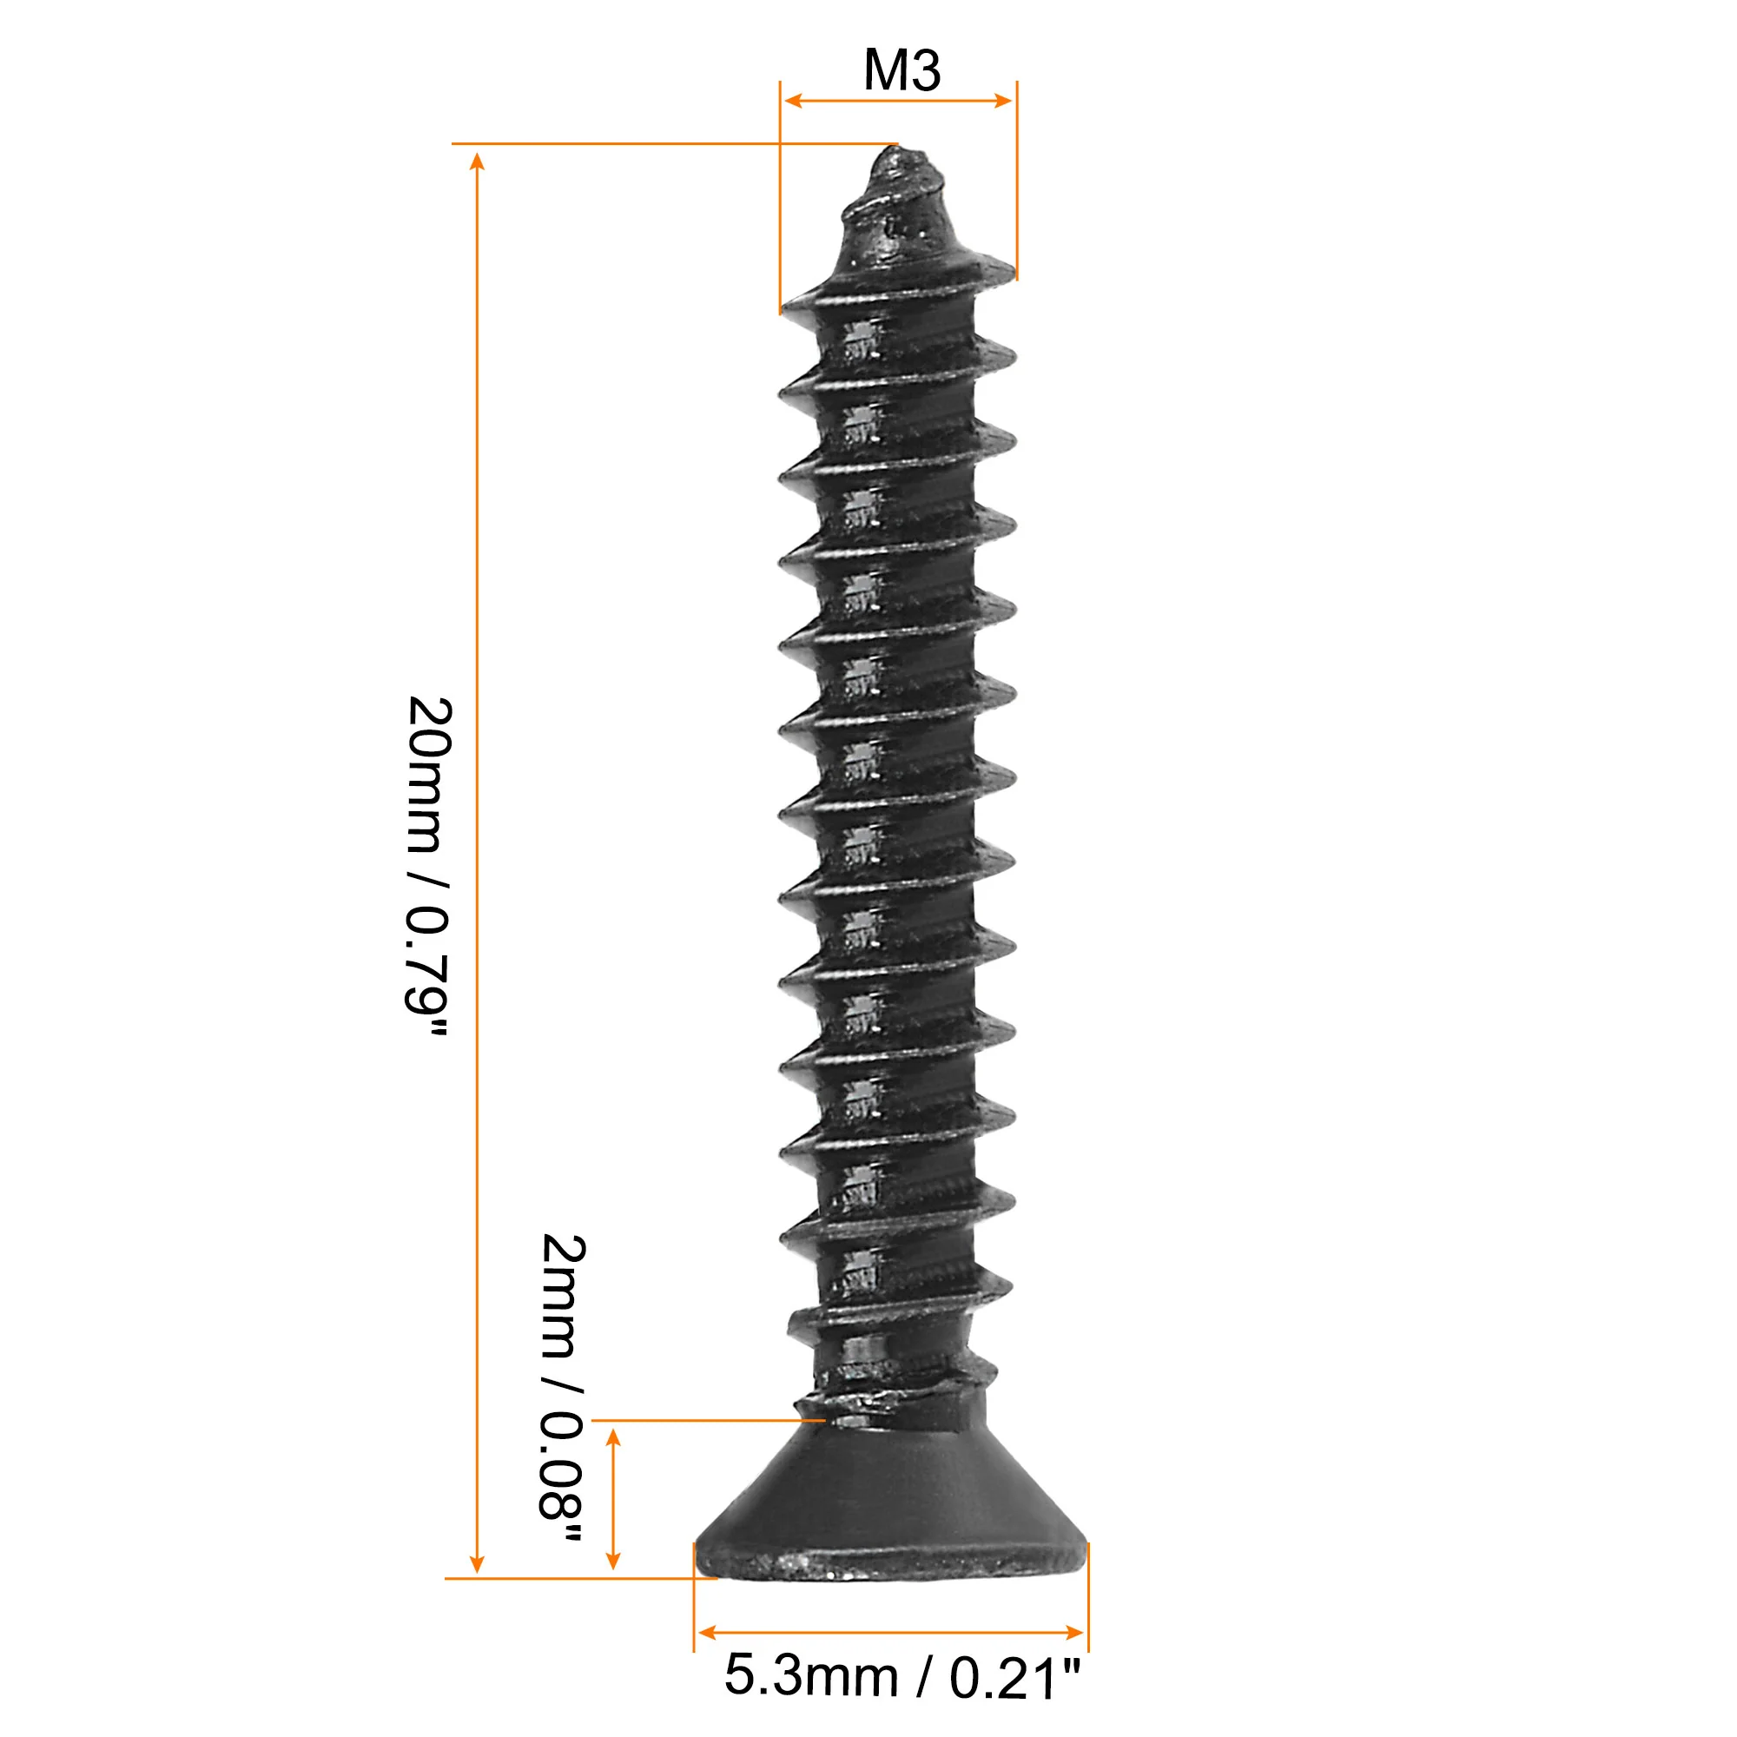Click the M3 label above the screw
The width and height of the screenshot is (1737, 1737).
click(902, 70)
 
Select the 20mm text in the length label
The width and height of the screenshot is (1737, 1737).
click(429, 774)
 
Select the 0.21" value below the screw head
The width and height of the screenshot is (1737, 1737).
click(1015, 1678)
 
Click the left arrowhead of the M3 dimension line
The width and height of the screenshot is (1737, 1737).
click(793, 100)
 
